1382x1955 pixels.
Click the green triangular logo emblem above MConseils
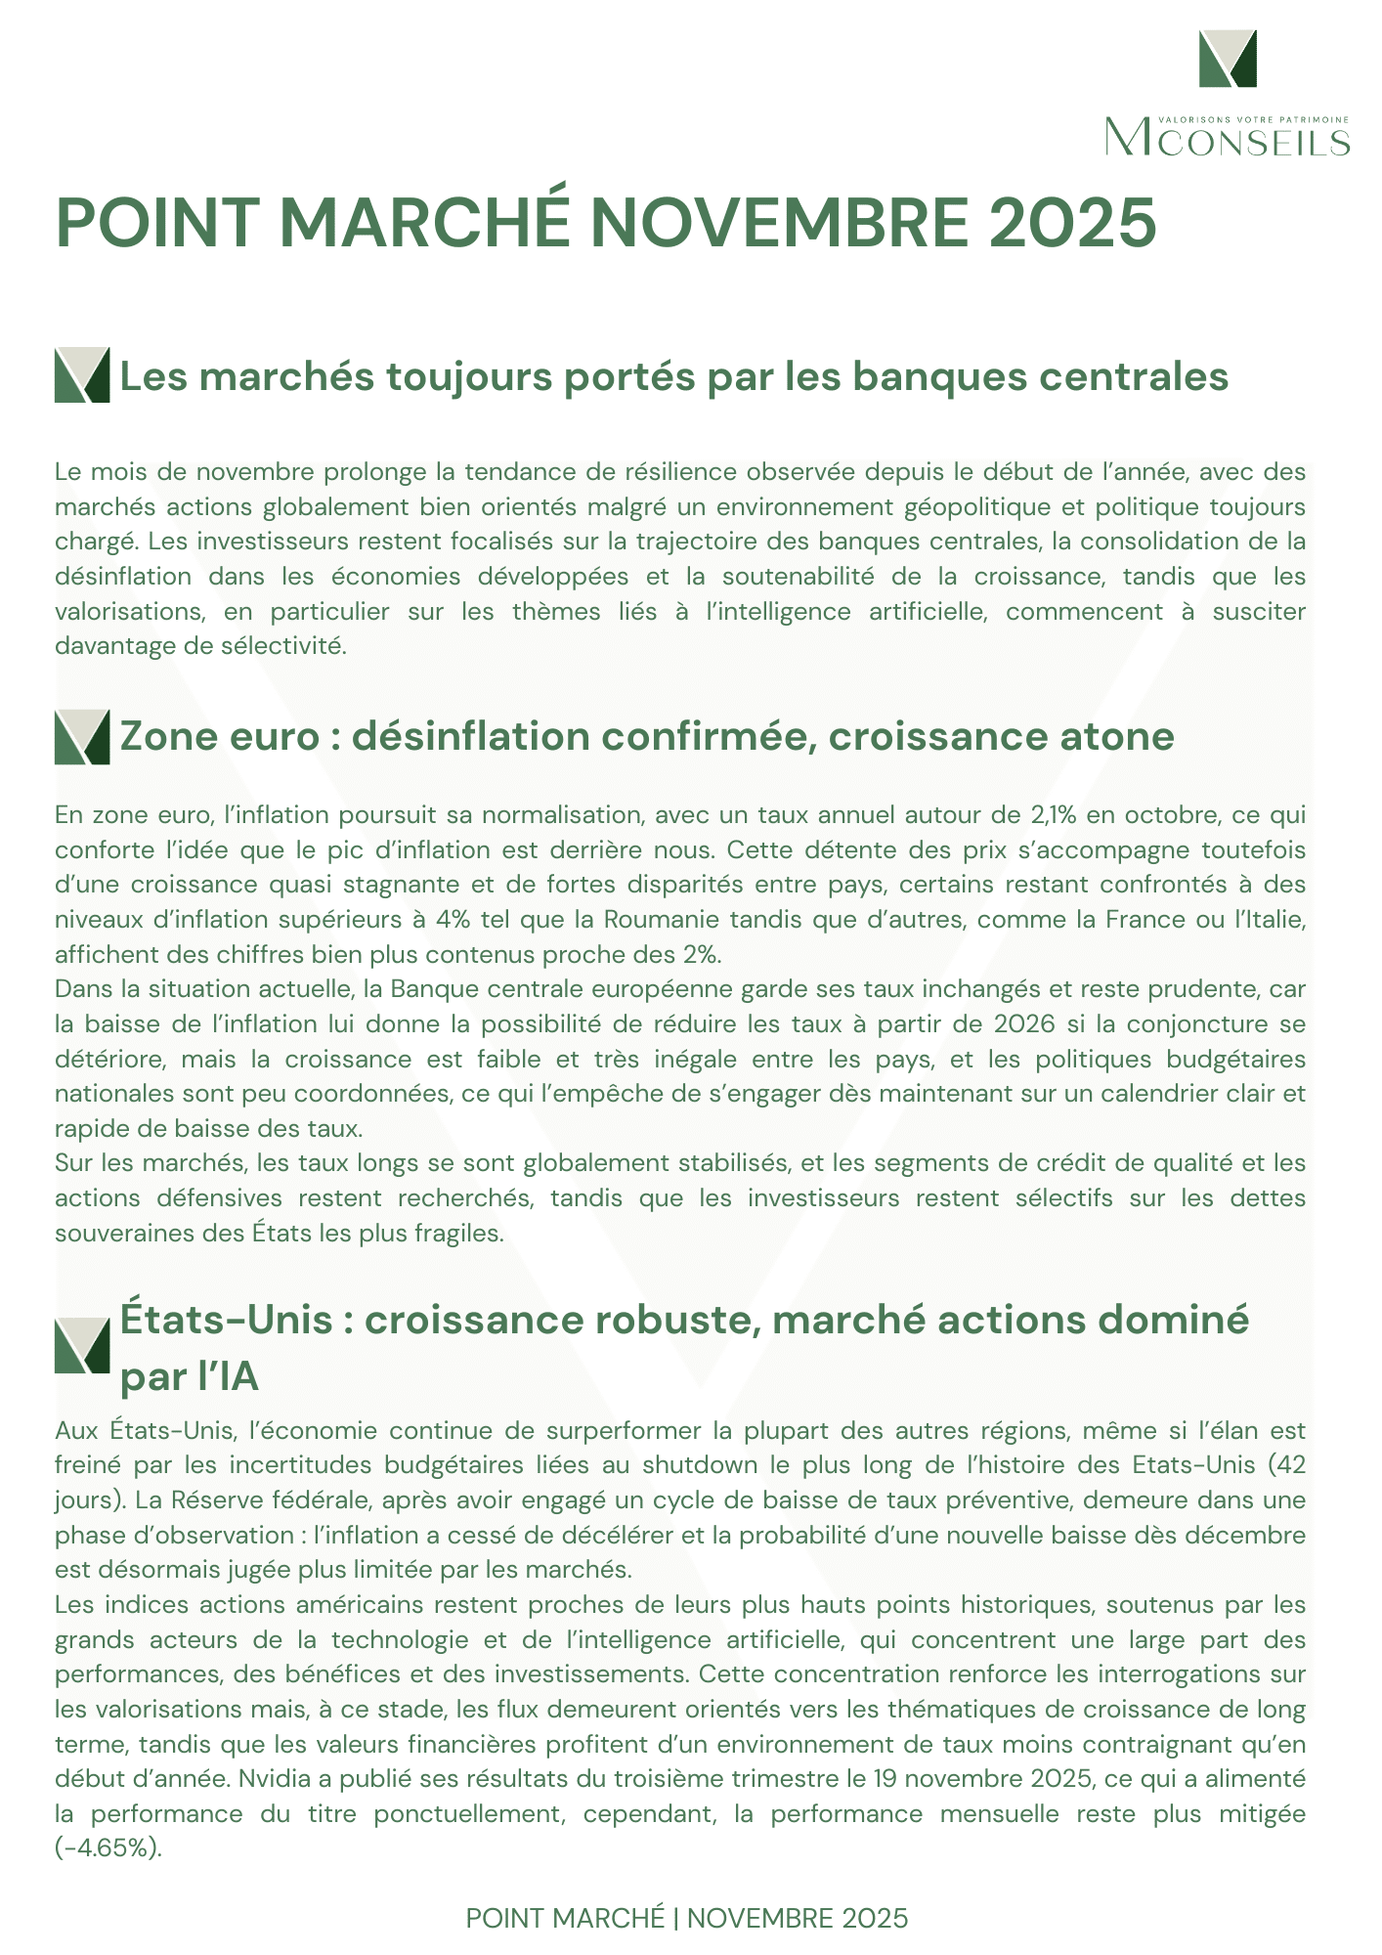1228,58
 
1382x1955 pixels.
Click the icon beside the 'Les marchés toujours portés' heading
82,374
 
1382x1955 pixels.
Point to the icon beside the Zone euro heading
82,737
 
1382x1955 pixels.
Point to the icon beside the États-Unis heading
82,1345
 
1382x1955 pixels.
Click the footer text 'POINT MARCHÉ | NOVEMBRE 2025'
687,1918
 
